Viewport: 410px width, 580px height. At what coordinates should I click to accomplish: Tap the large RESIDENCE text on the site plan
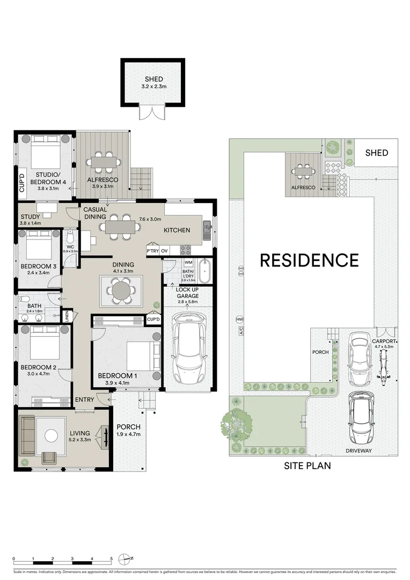point(309,260)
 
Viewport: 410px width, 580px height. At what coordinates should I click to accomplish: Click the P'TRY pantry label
point(152,251)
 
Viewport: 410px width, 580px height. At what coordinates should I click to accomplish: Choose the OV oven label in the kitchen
point(165,251)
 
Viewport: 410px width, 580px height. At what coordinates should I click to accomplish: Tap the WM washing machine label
point(188,263)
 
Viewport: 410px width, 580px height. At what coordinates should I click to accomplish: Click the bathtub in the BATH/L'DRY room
point(204,271)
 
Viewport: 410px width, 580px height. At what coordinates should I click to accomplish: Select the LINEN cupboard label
point(67,316)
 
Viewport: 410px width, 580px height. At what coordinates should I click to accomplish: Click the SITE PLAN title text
point(307,466)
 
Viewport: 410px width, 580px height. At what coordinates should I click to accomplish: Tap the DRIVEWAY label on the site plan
point(358,451)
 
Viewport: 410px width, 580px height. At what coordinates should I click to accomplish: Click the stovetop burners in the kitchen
point(186,250)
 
